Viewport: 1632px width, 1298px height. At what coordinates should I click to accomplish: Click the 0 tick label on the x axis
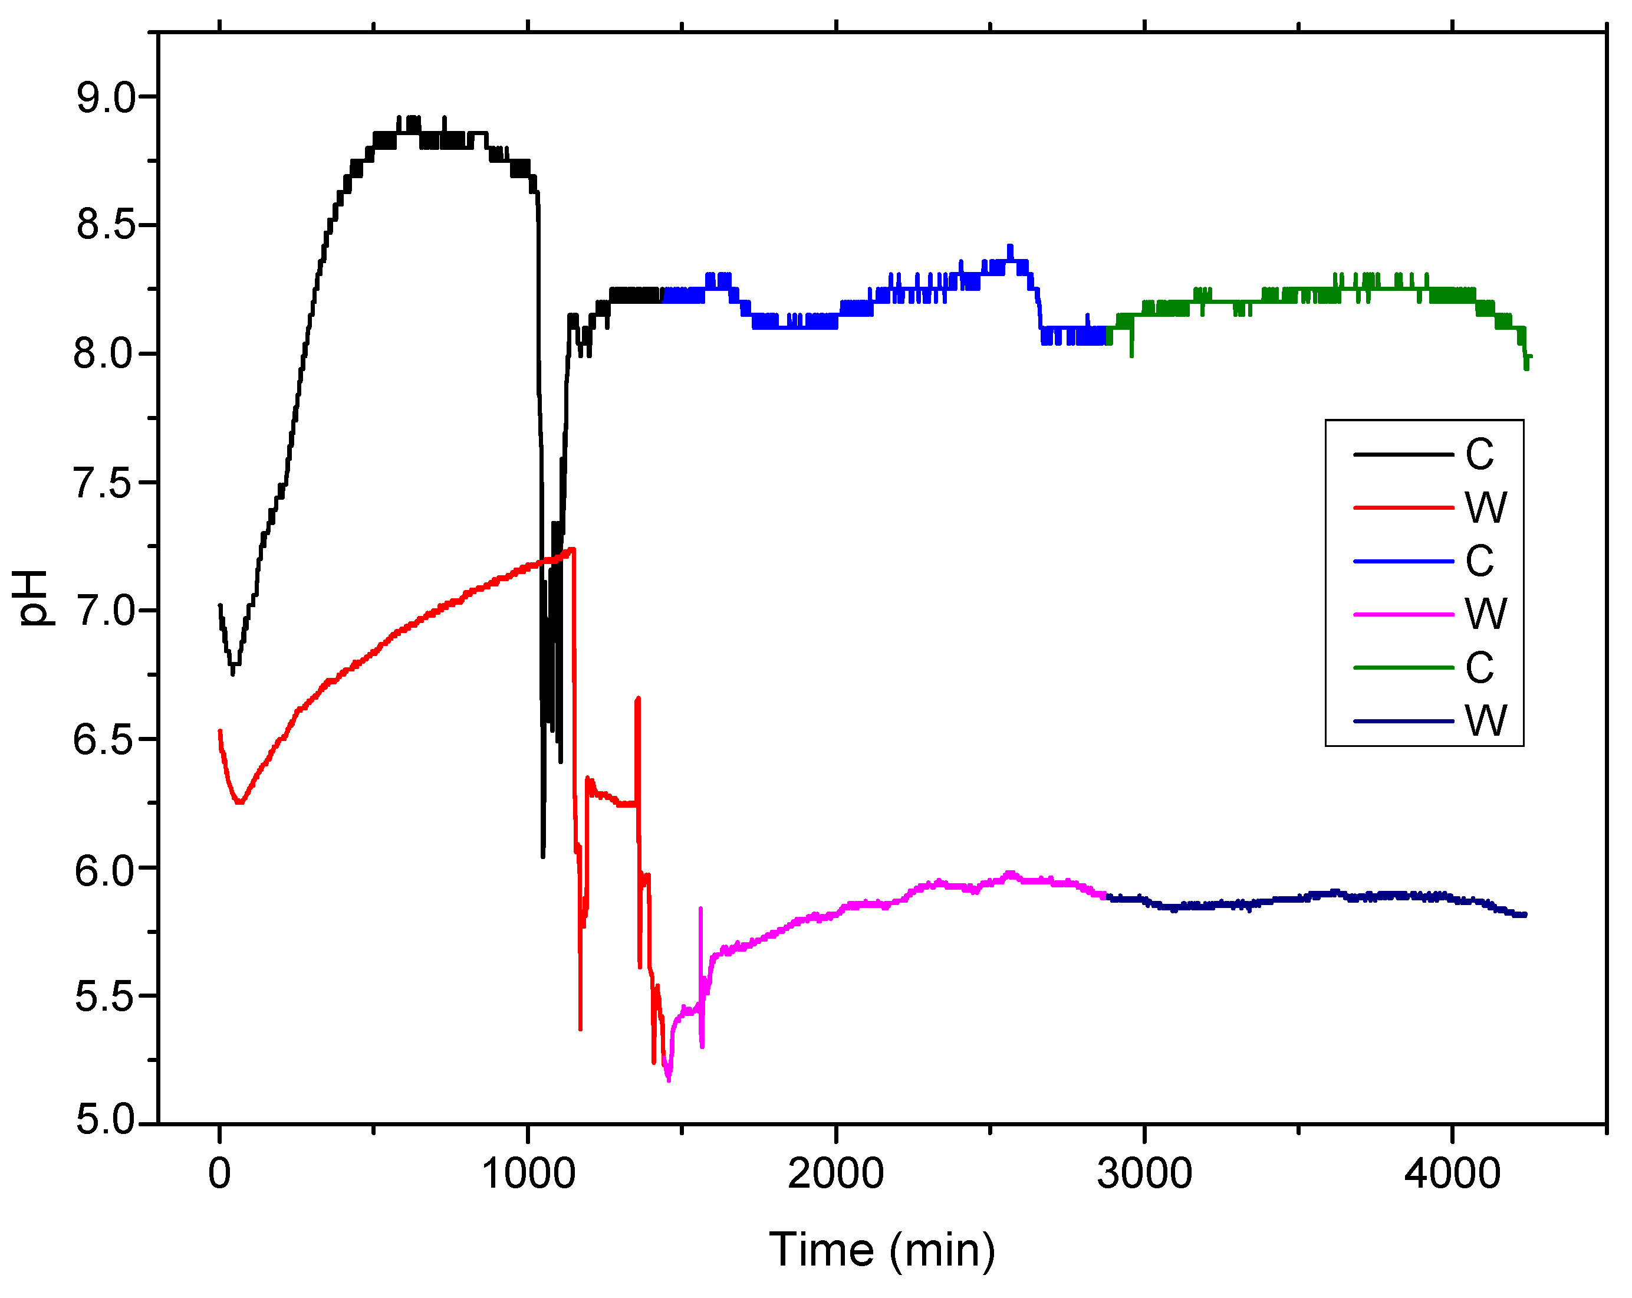tap(219, 1173)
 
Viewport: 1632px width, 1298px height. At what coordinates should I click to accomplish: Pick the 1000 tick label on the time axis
tap(528, 1173)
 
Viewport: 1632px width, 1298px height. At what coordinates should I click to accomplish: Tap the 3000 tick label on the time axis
tap(1144, 1173)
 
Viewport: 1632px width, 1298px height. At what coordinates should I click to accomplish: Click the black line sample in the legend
tap(1403, 454)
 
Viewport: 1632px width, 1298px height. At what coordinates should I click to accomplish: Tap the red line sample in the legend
tap(1403, 507)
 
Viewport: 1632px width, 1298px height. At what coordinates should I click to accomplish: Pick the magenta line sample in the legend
tap(1403, 614)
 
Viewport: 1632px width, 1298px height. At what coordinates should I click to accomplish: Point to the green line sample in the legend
tap(1403, 668)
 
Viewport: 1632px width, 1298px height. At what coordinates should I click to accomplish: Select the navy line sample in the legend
tap(1403, 721)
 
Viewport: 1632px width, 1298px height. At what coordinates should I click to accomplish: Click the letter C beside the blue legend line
tap(1479, 561)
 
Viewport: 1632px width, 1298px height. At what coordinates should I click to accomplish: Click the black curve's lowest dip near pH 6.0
tap(543, 855)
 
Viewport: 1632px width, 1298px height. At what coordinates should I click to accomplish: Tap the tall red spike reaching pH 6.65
tap(638, 699)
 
